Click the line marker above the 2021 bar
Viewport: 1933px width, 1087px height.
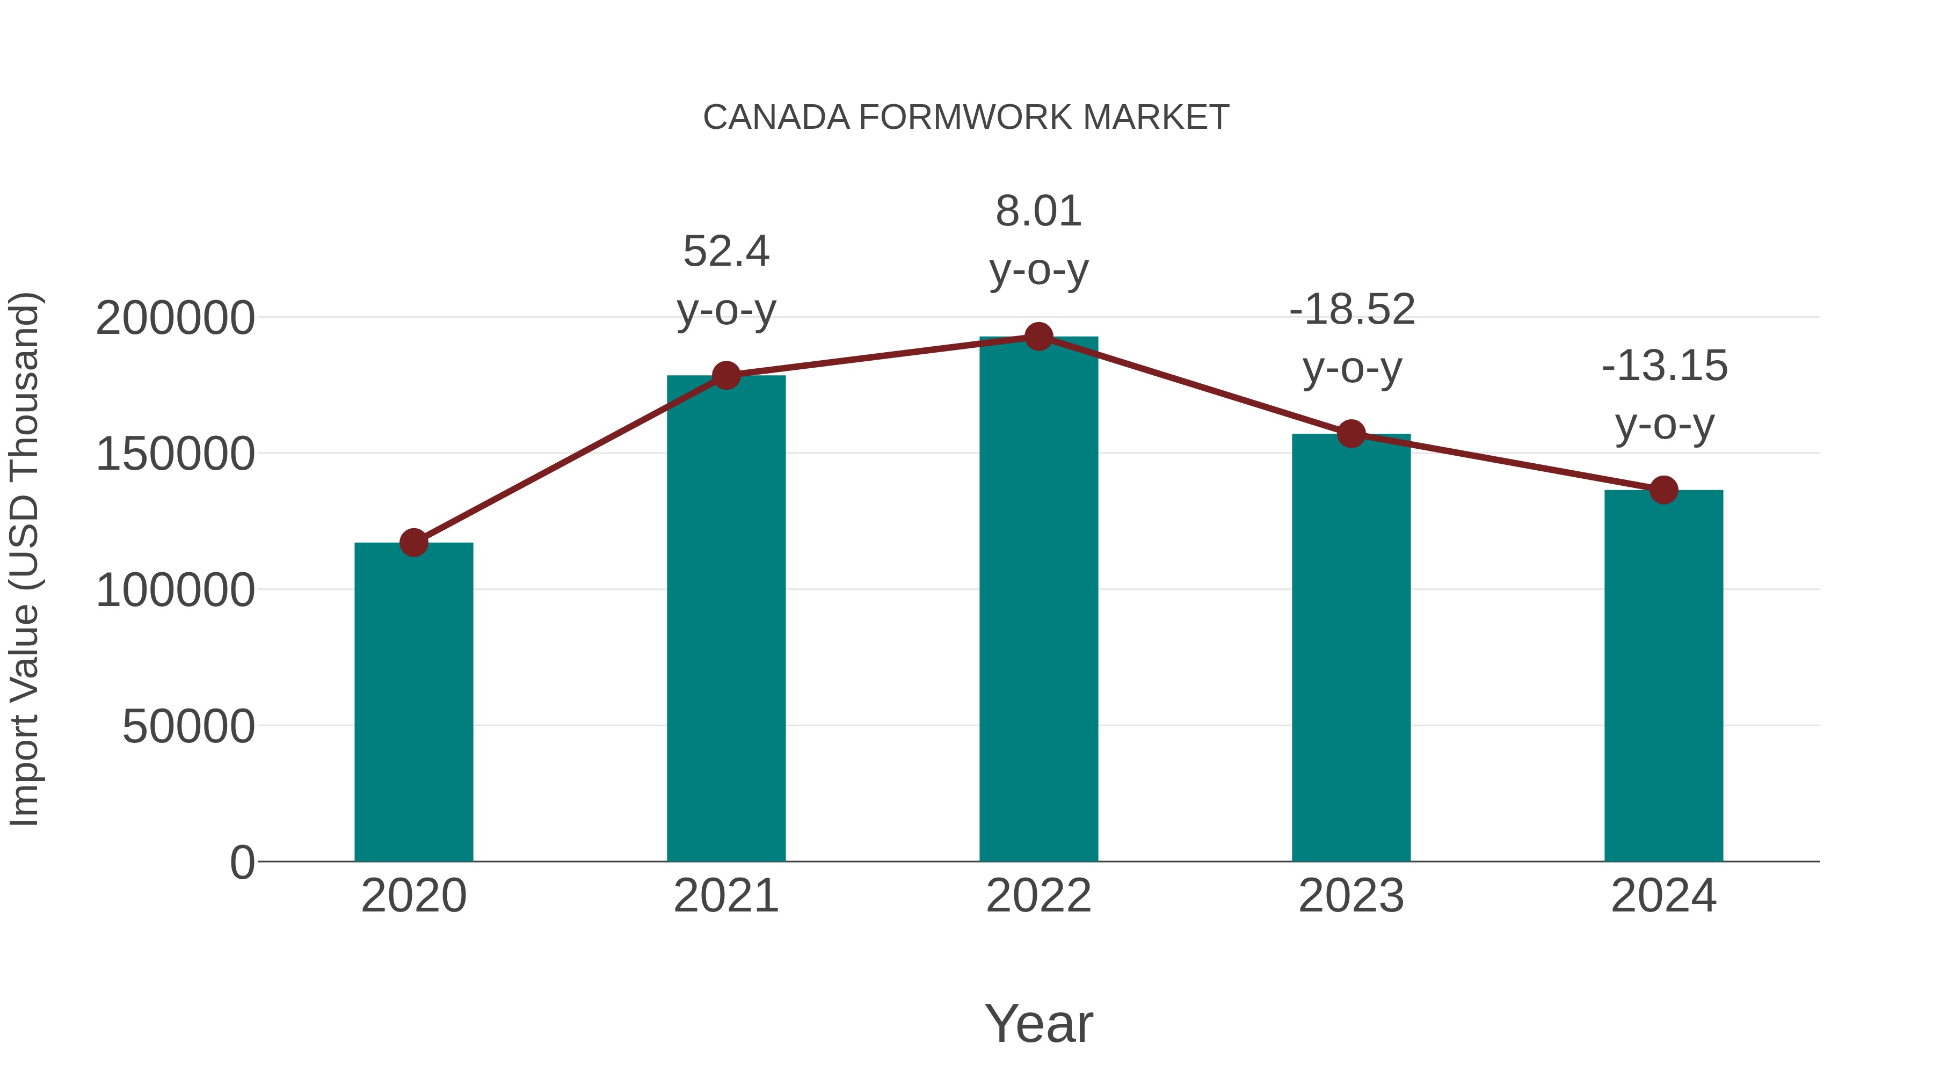[726, 375]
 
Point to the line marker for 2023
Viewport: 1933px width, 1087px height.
[1351, 434]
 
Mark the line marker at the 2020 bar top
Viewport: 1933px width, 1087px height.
[413, 542]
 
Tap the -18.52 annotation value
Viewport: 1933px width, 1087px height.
[1352, 310]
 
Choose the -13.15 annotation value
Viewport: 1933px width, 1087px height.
[1665, 366]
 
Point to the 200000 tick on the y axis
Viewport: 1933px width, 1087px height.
[176, 318]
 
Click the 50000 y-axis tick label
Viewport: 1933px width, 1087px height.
[188, 727]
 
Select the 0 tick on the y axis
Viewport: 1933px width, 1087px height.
[242, 863]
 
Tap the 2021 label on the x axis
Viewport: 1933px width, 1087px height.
[726, 896]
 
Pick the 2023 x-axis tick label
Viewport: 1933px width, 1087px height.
[1351, 896]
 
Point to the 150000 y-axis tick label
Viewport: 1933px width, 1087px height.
[176, 455]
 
